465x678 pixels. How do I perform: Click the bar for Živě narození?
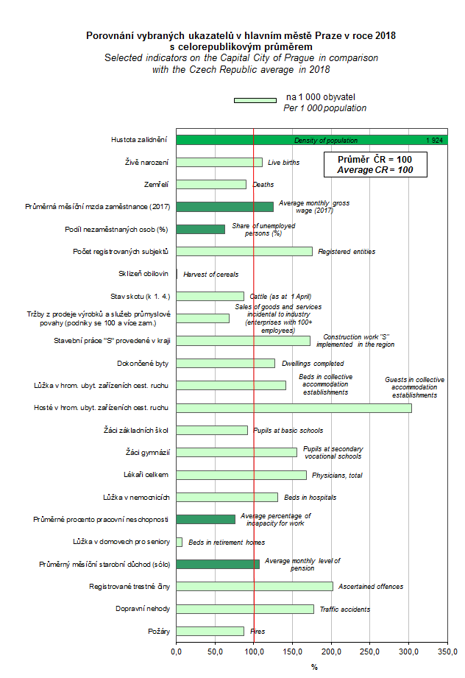point(219,162)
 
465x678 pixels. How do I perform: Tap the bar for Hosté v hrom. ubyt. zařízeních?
point(294,408)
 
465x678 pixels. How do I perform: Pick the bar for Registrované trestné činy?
point(255,587)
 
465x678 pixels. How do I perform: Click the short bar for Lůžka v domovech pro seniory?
point(179,542)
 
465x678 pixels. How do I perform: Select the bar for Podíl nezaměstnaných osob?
point(201,229)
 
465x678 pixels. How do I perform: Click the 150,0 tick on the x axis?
point(293,651)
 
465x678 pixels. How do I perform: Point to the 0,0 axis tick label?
point(177,651)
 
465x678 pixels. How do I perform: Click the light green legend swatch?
point(255,100)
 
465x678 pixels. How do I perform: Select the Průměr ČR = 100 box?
point(375,164)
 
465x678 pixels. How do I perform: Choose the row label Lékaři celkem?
point(147,475)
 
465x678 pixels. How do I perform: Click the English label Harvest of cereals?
point(210,274)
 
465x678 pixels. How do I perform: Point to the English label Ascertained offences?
point(371,587)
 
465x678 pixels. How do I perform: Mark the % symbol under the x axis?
point(313,667)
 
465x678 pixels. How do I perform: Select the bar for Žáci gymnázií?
point(237,452)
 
